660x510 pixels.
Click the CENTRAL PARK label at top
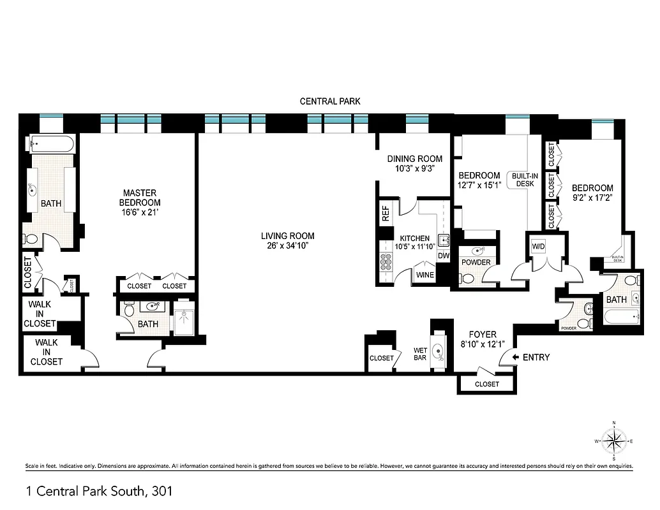click(x=330, y=101)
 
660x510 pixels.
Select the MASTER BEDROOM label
click(x=140, y=198)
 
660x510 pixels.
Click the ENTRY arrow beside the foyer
click(x=515, y=358)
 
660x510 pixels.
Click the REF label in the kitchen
click(x=386, y=214)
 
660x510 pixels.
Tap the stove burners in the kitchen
click(x=386, y=263)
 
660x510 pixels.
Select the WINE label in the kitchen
click(x=425, y=275)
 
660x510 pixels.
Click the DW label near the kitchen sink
click(x=443, y=256)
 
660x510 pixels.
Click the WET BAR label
click(x=421, y=354)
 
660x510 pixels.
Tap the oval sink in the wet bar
click(x=439, y=352)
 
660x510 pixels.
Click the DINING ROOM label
click(x=414, y=159)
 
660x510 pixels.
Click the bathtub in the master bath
click(x=51, y=143)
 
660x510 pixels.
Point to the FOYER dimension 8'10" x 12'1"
click(x=483, y=344)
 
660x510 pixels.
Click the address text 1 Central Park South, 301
click(x=99, y=491)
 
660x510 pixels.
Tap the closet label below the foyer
click(x=487, y=384)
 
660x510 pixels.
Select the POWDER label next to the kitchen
click(x=476, y=263)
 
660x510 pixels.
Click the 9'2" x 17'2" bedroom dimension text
click(x=592, y=198)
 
